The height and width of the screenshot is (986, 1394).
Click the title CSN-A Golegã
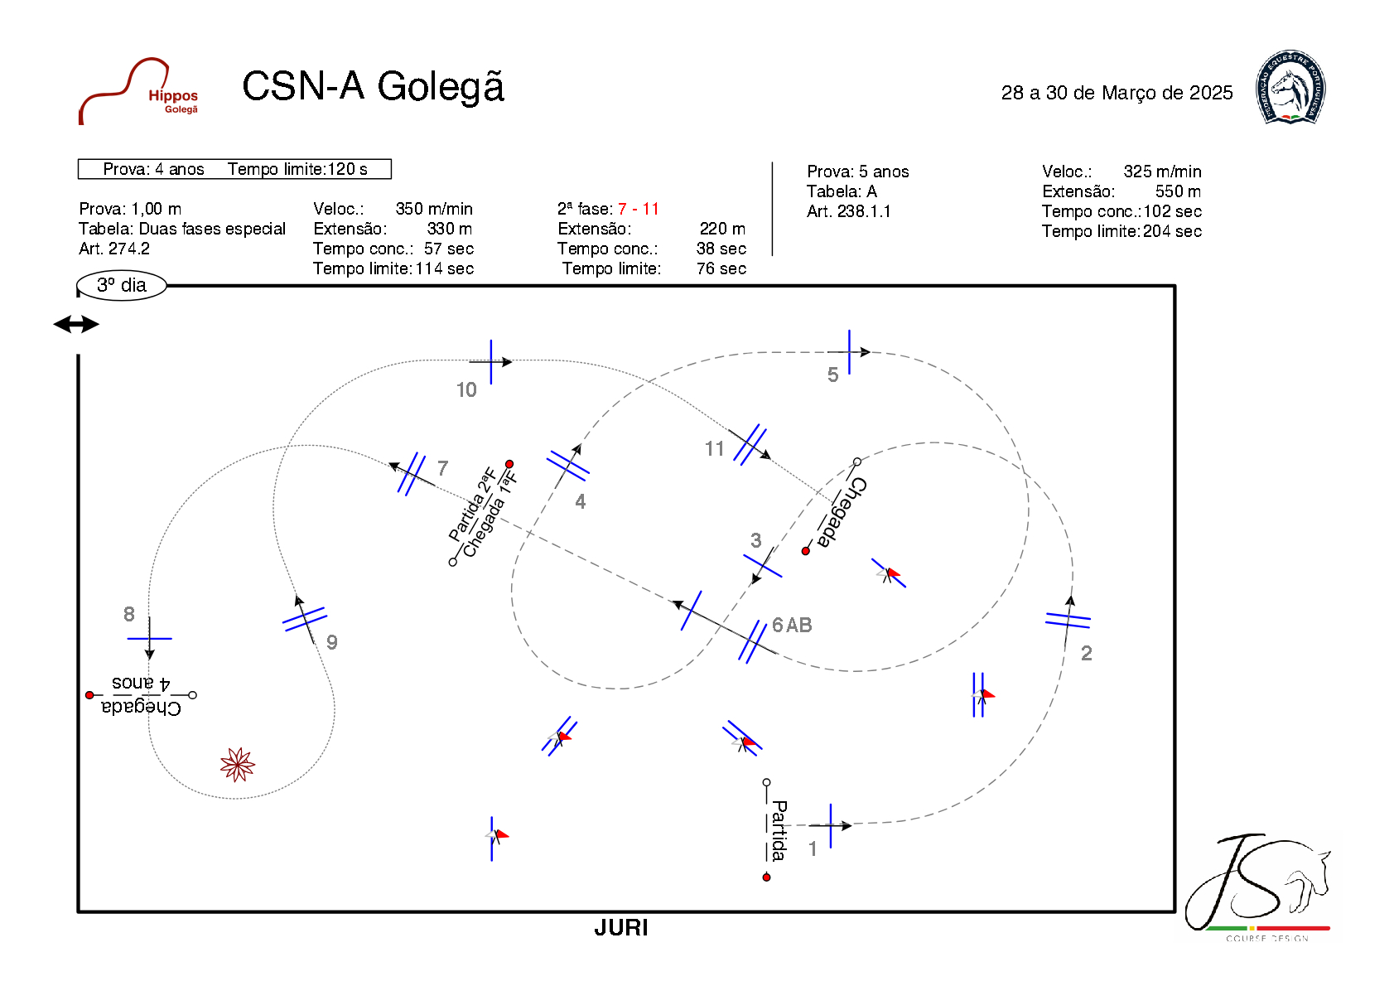pyautogui.click(x=373, y=87)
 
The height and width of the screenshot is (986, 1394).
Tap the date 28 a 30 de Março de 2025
pyautogui.click(x=1117, y=93)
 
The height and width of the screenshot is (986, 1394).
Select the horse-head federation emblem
pyautogui.click(x=1290, y=88)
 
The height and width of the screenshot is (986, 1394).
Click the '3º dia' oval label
pyautogui.click(x=122, y=285)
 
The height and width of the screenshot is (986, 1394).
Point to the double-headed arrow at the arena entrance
pyautogui.click(x=76, y=324)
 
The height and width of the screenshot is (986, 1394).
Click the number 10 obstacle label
pyautogui.click(x=466, y=389)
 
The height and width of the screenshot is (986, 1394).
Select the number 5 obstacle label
pyautogui.click(x=832, y=375)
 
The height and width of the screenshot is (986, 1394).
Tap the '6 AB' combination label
pyautogui.click(x=792, y=626)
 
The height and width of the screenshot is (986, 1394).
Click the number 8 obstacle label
pyautogui.click(x=129, y=614)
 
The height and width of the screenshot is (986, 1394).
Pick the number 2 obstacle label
pyautogui.click(x=1086, y=653)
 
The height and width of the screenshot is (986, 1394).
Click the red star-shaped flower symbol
pyautogui.click(x=238, y=764)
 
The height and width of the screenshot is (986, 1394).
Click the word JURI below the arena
pyautogui.click(x=620, y=928)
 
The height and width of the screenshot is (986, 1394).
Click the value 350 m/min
pyautogui.click(x=434, y=209)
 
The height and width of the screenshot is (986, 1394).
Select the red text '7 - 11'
pyautogui.click(x=639, y=209)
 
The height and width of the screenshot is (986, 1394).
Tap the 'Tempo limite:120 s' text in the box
pyautogui.click(x=297, y=169)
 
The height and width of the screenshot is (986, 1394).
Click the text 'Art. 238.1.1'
pyautogui.click(x=849, y=211)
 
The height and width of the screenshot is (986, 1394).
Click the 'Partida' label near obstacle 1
pyautogui.click(x=779, y=830)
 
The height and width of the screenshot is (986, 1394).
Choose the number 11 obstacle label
pyautogui.click(x=714, y=449)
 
